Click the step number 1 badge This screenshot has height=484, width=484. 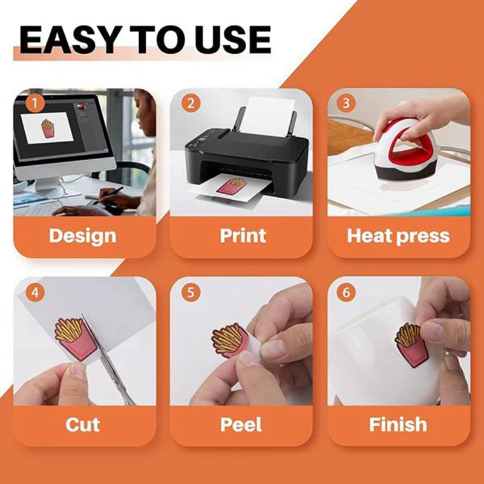[x=34, y=103]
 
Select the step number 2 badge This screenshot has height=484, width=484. [x=191, y=103]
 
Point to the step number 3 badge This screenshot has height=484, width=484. [x=345, y=103]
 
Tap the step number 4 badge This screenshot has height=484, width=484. [x=34, y=293]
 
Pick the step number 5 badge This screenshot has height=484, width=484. [x=191, y=293]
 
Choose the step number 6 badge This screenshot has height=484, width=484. [x=345, y=293]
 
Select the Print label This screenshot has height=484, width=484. [x=243, y=235]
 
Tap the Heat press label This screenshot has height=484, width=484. [x=398, y=235]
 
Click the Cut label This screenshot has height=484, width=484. [x=82, y=424]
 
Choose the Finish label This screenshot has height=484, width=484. [x=398, y=424]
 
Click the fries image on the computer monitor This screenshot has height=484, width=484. [x=47, y=128]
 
